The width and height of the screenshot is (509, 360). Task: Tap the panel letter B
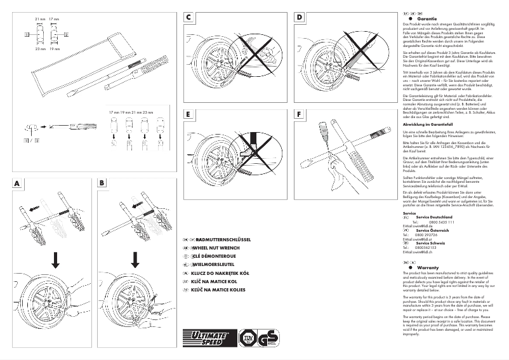click(102, 183)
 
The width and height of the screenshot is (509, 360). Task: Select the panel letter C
click(189, 19)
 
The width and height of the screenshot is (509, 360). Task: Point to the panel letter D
click(299, 19)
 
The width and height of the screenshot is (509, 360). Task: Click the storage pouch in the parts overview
click(76, 60)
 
